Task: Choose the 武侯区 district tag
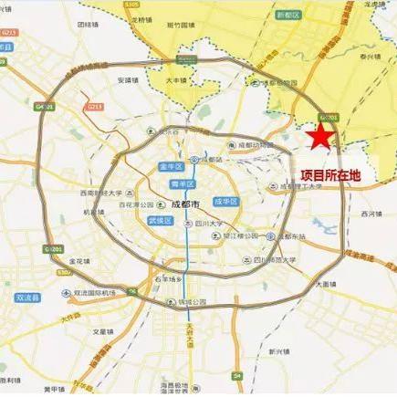tap(159, 220)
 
